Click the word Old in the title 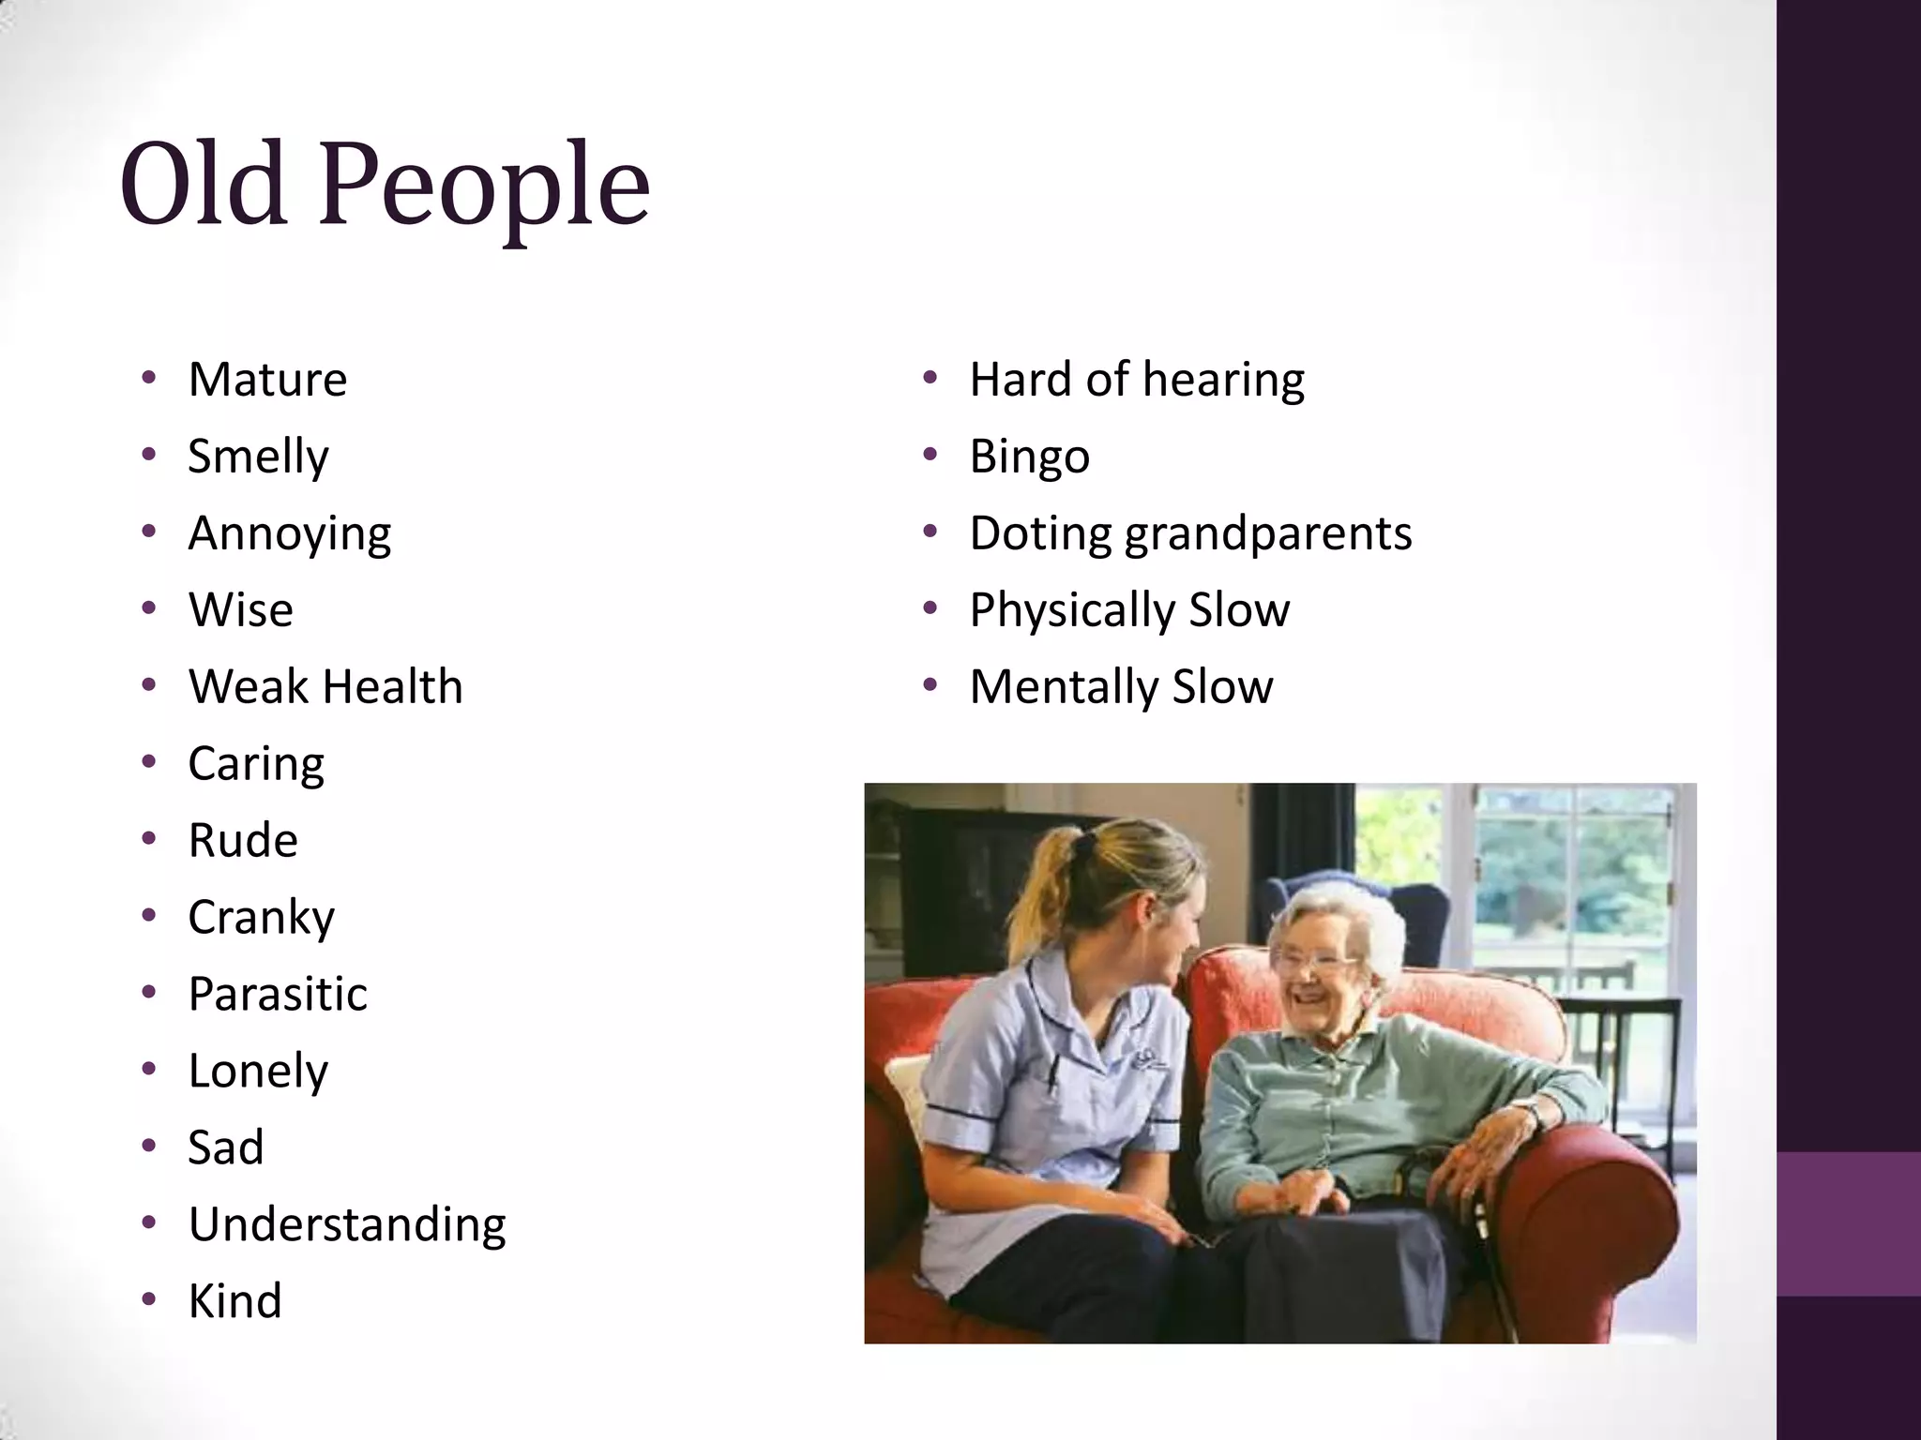[203, 184]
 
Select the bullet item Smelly [258, 457]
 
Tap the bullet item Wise [241, 610]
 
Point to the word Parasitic [278, 994]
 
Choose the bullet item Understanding [347, 1224]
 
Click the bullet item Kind [234, 1301]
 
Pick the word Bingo [1029, 457]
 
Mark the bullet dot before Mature [148, 379]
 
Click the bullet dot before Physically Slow [930, 609]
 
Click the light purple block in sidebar [1848, 1223]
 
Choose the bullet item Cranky [261, 917]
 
